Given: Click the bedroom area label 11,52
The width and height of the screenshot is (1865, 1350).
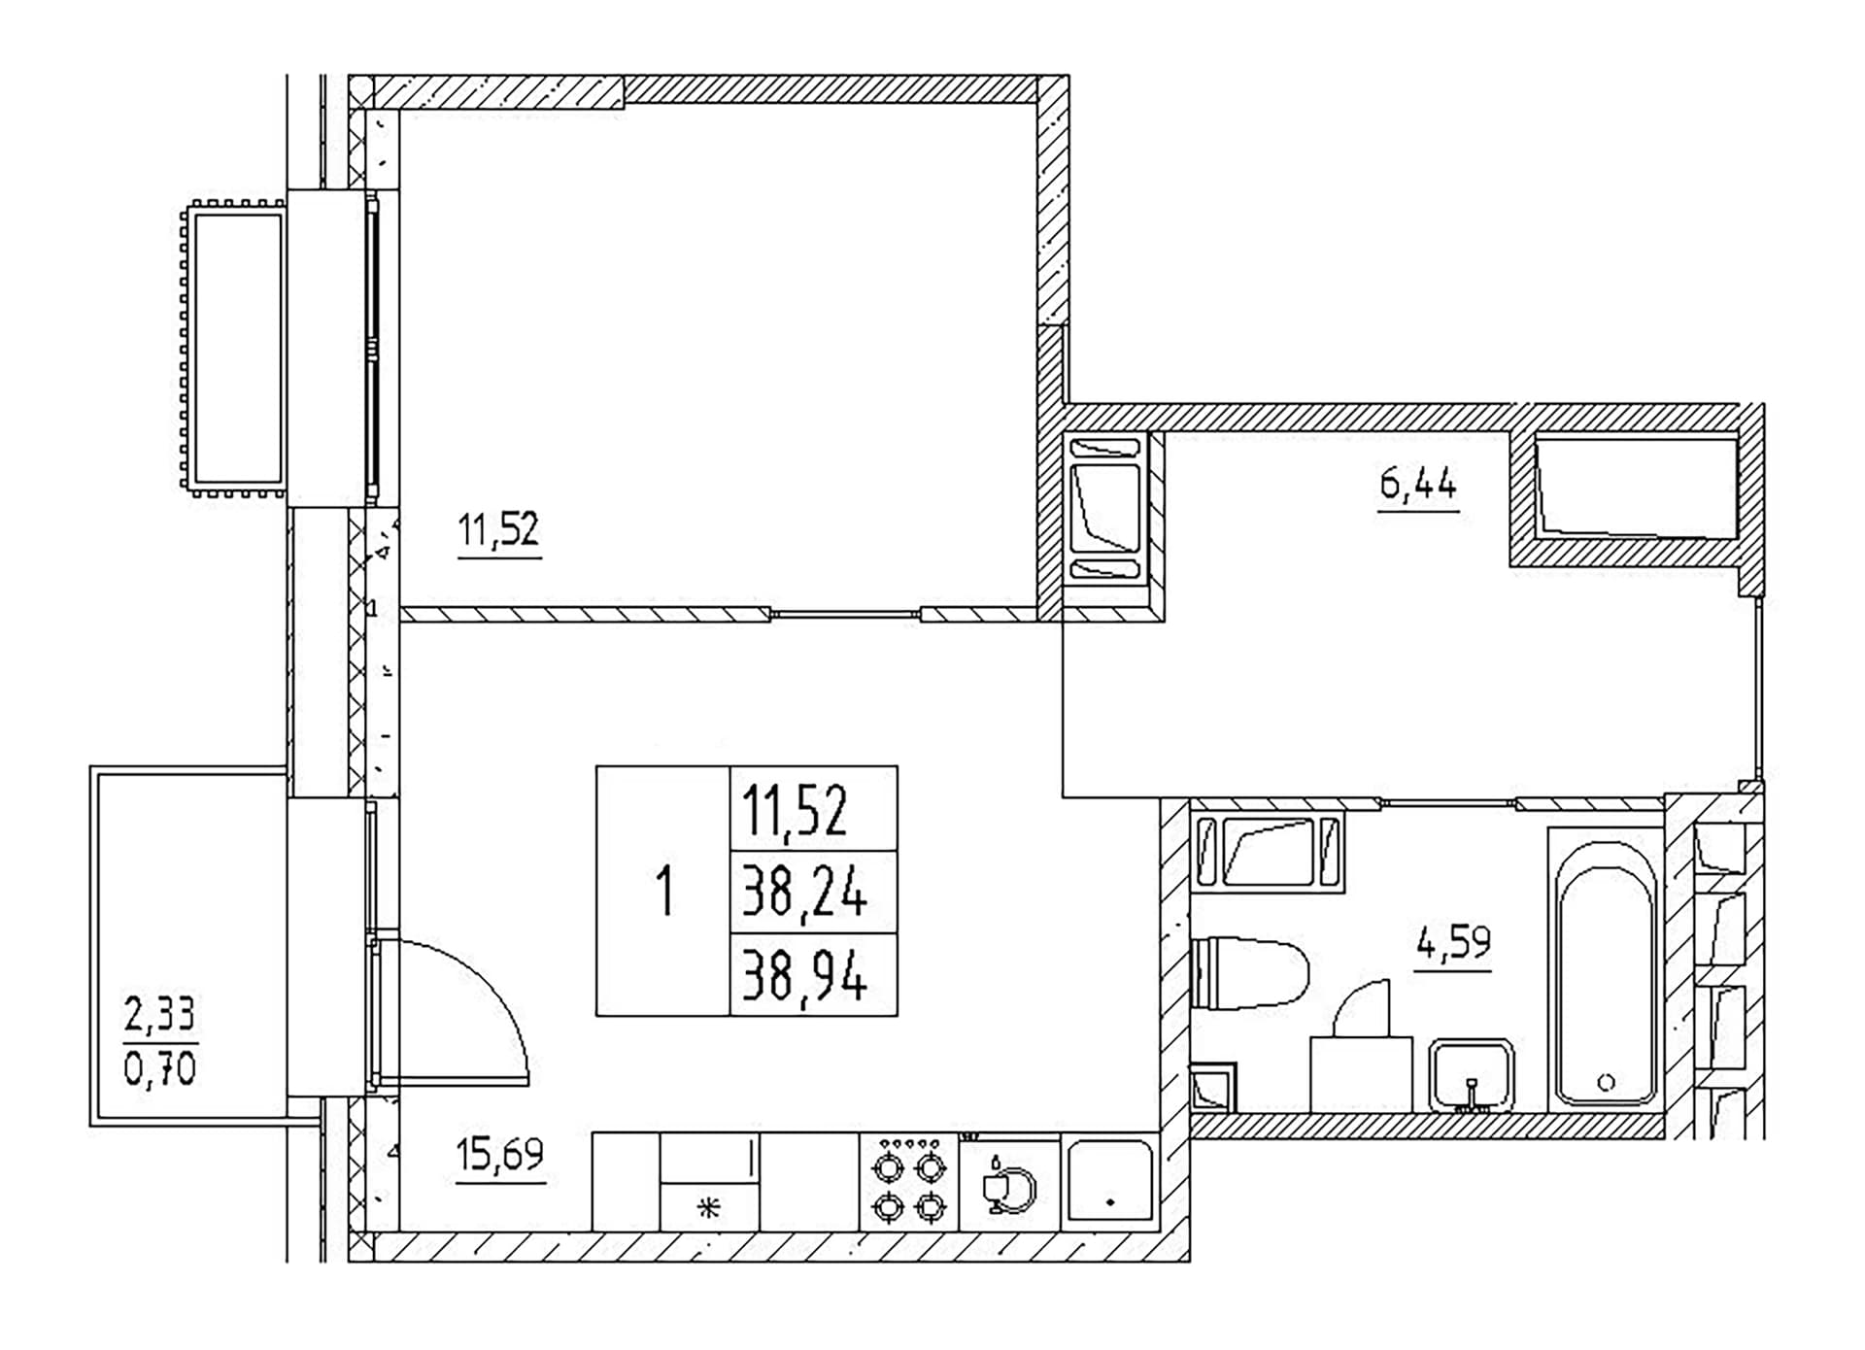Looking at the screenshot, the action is tap(498, 530).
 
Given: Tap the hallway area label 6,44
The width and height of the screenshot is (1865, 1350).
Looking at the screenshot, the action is tap(1418, 482).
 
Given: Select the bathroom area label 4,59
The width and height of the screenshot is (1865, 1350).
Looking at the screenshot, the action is tap(1453, 942).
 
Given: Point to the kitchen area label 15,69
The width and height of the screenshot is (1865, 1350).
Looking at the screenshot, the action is tap(500, 1155).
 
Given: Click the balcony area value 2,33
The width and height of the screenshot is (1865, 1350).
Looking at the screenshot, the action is tap(160, 1015).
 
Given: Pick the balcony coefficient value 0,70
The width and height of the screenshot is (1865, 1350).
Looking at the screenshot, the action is tap(160, 1069).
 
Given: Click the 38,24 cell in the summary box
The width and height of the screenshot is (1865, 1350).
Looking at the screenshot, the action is tap(804, 893).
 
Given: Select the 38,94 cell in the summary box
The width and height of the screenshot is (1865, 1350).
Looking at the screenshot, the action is tap(804, 975).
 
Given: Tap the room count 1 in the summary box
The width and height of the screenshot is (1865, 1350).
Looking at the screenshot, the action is tap(664, 892).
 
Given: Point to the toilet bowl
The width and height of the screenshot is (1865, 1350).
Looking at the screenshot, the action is tap(1249, 972).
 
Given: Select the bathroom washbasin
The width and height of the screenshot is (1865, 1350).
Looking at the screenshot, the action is tap(1472, 1075).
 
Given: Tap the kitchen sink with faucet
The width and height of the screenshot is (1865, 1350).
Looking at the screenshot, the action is tap(1010, 1184).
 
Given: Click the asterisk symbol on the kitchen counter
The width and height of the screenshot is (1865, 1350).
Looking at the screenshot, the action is tap(709, 1208).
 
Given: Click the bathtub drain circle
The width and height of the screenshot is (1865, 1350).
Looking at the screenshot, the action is tap(1606, 1082).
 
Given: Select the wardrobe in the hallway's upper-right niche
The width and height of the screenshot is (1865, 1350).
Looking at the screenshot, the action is tap(1636, 487).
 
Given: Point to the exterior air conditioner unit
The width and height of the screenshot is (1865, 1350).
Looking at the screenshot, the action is tap(233, 349).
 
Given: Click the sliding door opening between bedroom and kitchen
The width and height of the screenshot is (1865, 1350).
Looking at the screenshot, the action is tap(845, 614).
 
